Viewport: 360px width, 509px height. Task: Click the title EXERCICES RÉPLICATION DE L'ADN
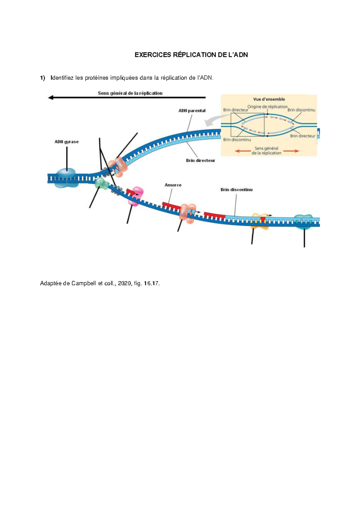click(191, 55)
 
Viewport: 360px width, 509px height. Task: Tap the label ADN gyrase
click(66, 142)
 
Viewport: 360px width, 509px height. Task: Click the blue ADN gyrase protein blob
click(66, 177)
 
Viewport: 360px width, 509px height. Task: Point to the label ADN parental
click(192, 111)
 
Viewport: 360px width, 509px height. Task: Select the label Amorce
click(173, 185)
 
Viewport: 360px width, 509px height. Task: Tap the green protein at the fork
click(102, 183)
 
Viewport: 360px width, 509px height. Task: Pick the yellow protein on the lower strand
click(260, 221)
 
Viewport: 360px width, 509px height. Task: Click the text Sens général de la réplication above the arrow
click(130, 93)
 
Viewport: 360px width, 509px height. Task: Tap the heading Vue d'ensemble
click(269, 99)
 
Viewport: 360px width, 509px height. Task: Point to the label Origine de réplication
click(267, 106)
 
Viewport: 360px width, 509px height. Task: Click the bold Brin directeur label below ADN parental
click(200, 160)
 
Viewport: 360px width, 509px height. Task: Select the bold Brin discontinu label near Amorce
click(236, 189)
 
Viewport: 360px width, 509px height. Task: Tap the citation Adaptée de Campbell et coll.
click(100, 283)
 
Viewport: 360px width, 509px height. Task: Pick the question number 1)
click(43, 78)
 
